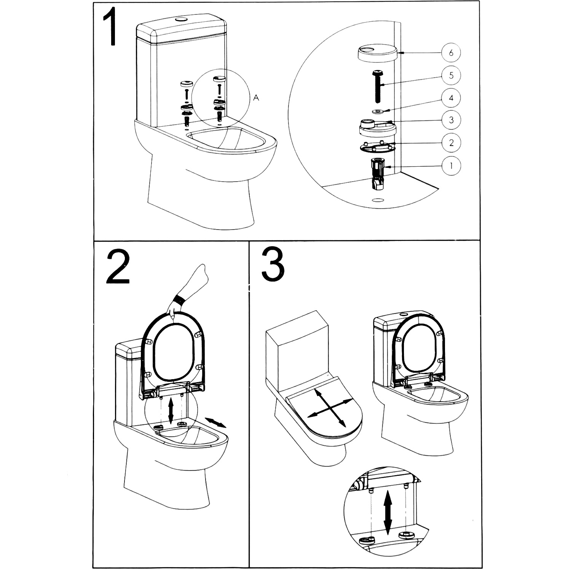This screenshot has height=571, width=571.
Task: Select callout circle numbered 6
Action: (x=451, y=53)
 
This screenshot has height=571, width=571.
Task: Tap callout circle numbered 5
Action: (x=451, y=75)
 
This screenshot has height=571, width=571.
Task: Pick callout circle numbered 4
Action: (x=451, y=98)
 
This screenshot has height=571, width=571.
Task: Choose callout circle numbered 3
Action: (x=451, y=120)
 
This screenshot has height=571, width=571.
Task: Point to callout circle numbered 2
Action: (x=451, y=143)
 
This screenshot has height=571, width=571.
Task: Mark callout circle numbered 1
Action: (x=451, y=166)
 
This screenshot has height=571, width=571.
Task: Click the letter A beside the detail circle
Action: (x=256, y=98)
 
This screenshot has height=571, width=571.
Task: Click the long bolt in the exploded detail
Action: (x=378, y=86)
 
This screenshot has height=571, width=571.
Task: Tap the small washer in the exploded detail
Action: (x=378, y=111)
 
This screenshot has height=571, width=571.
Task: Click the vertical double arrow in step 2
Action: (x=171, y=410)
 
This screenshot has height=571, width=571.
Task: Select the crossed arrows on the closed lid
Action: (x=329, y=408)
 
